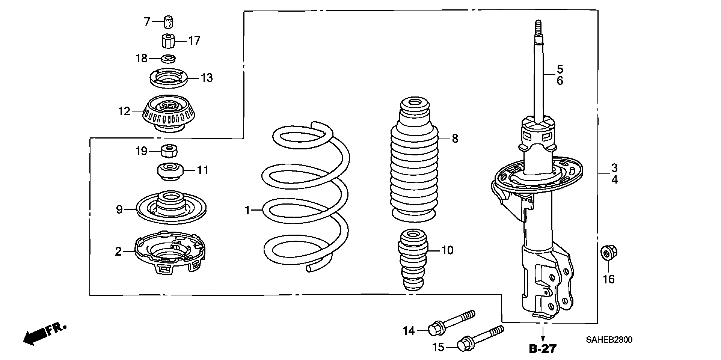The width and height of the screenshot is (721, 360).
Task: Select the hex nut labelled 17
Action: click(169, 41)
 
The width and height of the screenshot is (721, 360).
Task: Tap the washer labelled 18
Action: click(169, 59)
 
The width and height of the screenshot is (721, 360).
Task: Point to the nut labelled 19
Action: click(169, 151)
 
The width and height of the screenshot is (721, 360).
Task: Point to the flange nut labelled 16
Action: click(609, 253)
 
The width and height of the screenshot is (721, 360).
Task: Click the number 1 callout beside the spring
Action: click(247, 211)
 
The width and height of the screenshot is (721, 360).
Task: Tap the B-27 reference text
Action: click(542, 349)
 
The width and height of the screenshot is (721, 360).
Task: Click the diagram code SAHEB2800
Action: click(609, 340)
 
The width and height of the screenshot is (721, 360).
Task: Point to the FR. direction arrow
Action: click(45, 334)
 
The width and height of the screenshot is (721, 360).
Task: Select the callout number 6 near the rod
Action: click(560, 81)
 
